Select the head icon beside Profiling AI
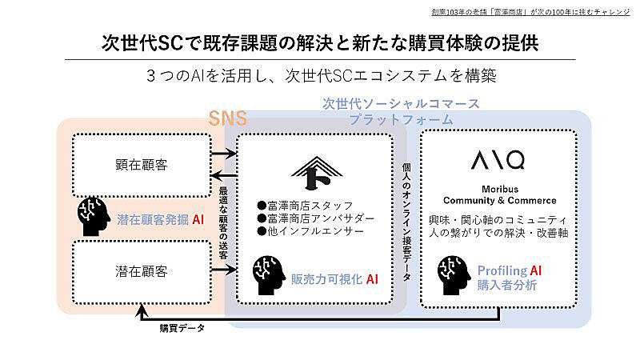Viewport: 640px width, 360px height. coord(454,274)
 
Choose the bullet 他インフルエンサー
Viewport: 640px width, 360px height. coord(305,232)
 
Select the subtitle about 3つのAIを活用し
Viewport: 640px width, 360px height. coord(320,77)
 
